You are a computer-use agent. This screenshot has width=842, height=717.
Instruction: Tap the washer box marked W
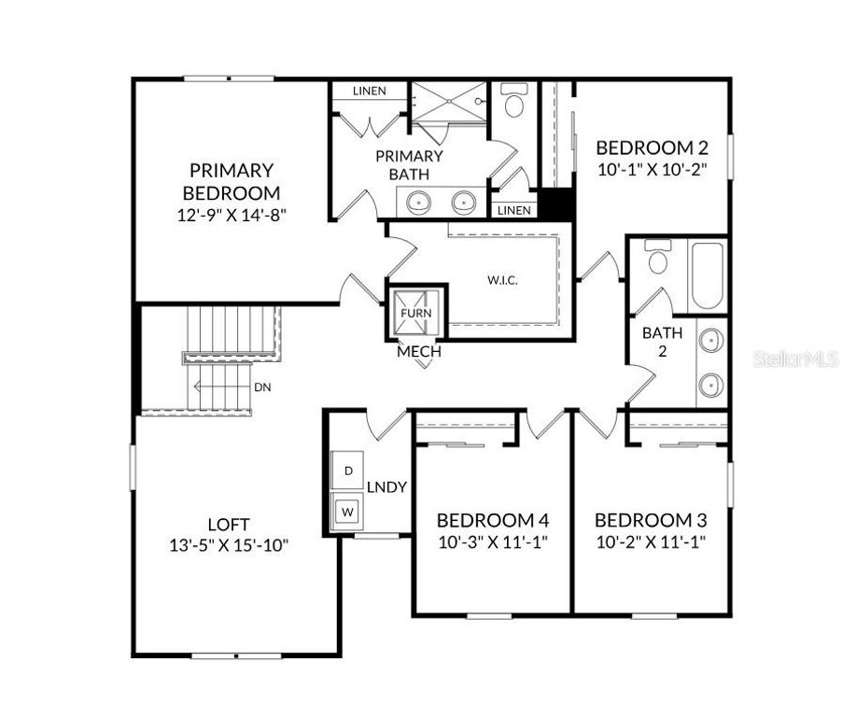(x=348, y=512)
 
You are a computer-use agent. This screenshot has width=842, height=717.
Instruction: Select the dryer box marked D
(x=348, y=471)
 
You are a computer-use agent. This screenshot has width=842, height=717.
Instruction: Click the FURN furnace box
(x=416, y=313)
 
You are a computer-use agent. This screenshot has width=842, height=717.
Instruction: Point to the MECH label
(x=419, y=352)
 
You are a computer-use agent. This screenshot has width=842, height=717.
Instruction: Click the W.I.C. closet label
(x=502, y=279)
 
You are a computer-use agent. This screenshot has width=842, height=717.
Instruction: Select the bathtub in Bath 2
(x=707, y=275)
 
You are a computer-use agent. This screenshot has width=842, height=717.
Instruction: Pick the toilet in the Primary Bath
(x=513, y=103)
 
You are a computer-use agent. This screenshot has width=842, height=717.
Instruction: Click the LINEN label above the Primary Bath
(x=370, y=91)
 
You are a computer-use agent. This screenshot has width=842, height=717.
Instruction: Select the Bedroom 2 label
(x=652, y=148)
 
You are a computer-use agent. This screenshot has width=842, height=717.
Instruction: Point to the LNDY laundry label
(x=386, y=487)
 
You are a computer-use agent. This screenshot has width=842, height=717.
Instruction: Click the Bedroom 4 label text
(x=492, y=520)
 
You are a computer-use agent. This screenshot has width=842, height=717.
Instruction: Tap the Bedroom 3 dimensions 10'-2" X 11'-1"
(x=650, y=541)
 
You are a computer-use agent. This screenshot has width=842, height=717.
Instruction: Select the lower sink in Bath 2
(x=712, y=384)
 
